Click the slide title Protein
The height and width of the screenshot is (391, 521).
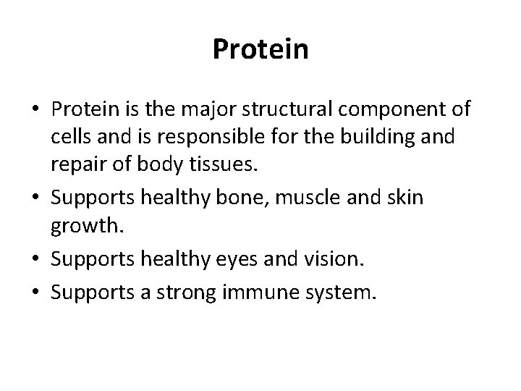[x=260, y=49]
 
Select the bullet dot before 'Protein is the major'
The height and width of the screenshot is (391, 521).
[x=35, y=110]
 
